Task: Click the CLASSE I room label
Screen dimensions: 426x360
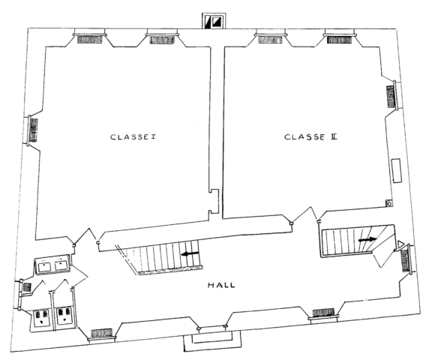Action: click(133, 136)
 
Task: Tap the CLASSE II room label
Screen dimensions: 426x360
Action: click(310, 136)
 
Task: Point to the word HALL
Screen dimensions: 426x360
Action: click(221, 285)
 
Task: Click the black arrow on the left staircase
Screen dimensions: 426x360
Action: click(190, 253)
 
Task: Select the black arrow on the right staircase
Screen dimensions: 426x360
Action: click(367, 239)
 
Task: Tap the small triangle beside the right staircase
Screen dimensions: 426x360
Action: click(400, 244)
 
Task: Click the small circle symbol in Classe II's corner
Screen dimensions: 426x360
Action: click(389, 203)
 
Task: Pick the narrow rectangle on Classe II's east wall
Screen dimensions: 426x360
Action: click(397, 170)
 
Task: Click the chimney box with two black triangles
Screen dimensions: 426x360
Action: click(214, 21)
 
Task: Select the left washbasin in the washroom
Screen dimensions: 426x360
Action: click(44, 266)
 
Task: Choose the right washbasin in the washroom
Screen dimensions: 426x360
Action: click(61, 265)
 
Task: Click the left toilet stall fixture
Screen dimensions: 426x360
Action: click(41, 317)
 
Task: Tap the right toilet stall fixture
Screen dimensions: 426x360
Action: click(64, 315)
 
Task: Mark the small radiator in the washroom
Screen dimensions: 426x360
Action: click(27, 287)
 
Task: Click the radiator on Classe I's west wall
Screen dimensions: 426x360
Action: click(34, 130)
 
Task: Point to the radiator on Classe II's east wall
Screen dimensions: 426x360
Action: click(391, 97)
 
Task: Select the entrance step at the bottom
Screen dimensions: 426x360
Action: click(212, 340)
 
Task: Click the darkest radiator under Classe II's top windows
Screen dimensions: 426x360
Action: click(339, 40)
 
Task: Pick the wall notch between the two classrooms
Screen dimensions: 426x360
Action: click(214, 201)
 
